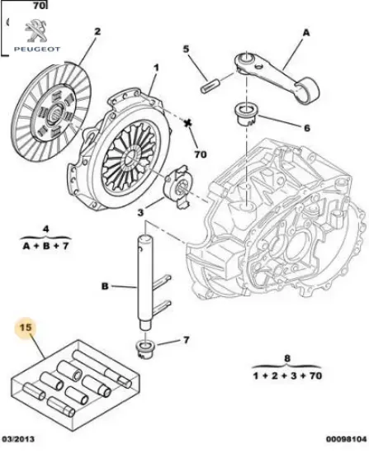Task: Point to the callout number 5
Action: click(187, 49)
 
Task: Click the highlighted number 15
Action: click(26, 327)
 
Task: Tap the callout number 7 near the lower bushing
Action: click(187, 339)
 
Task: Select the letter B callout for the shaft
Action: click(105, 287)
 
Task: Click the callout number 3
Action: click(141, 212)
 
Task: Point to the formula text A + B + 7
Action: click(47, 245)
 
